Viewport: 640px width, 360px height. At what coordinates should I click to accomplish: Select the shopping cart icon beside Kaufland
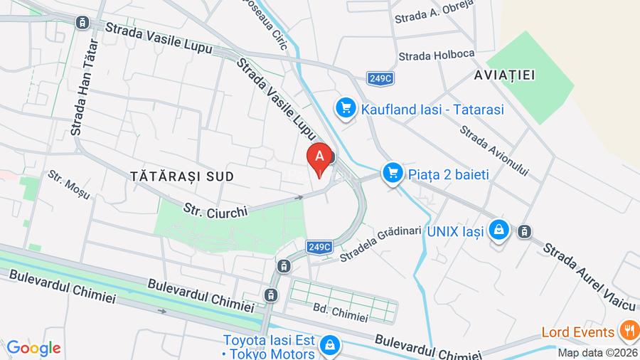click(346, 109)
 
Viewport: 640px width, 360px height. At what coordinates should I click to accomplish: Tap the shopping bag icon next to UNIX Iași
click(500, 231)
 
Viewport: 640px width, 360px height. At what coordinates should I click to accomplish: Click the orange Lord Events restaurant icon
click(628, 332)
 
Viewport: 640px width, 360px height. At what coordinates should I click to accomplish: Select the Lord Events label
click(577, 332)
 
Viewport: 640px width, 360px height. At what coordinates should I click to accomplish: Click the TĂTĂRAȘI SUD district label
click(182, 175)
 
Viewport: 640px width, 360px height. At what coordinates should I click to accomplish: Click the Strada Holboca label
click(427, 55)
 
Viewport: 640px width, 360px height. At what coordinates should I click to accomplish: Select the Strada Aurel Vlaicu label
click(589, 277)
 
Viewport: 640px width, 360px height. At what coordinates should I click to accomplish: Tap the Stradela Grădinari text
click(376, 245)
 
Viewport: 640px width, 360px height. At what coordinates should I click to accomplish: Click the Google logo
click(33, 348)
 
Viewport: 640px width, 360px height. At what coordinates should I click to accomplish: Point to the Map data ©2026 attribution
click(597, 352)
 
